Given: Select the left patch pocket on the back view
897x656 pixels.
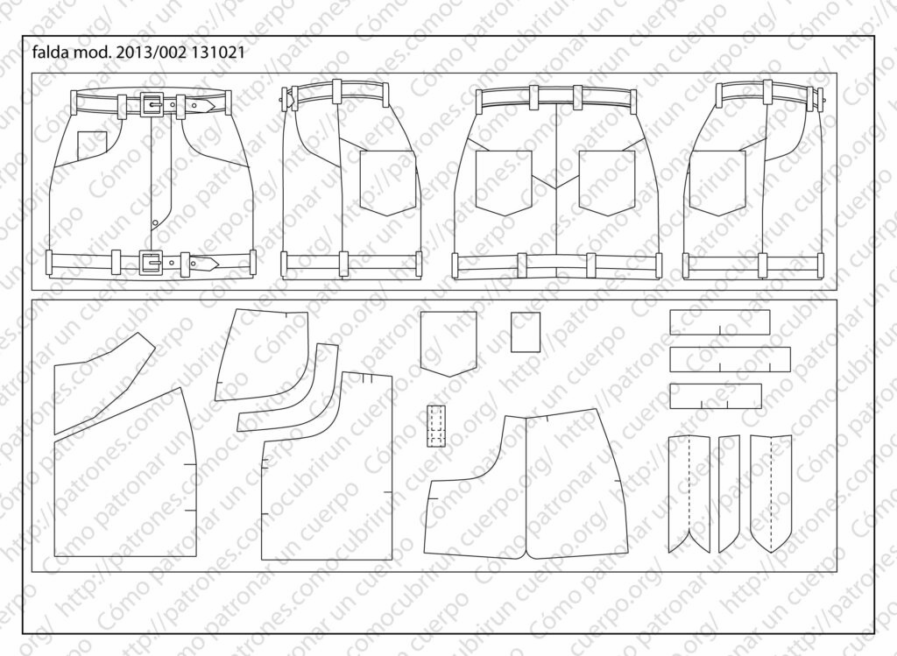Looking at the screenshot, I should click(503, 182).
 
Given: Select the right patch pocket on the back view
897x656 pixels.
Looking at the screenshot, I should click(606, 182).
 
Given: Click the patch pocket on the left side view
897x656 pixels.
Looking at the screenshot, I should click(386, 181).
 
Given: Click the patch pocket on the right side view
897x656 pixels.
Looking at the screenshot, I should click(717, 181).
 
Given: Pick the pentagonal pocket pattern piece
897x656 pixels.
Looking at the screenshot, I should click(448, 342).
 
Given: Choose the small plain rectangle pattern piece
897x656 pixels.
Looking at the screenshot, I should click(526, 332).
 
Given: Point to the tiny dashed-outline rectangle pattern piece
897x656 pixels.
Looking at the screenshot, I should click(436, 426).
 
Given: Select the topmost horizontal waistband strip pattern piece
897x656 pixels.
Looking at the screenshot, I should click(719, 321).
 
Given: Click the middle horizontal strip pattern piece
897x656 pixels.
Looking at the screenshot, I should click(729, 358).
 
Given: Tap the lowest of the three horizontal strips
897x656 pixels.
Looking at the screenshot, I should click(715, 396).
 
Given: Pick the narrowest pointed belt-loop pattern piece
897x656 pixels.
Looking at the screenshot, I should click(729, 490).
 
